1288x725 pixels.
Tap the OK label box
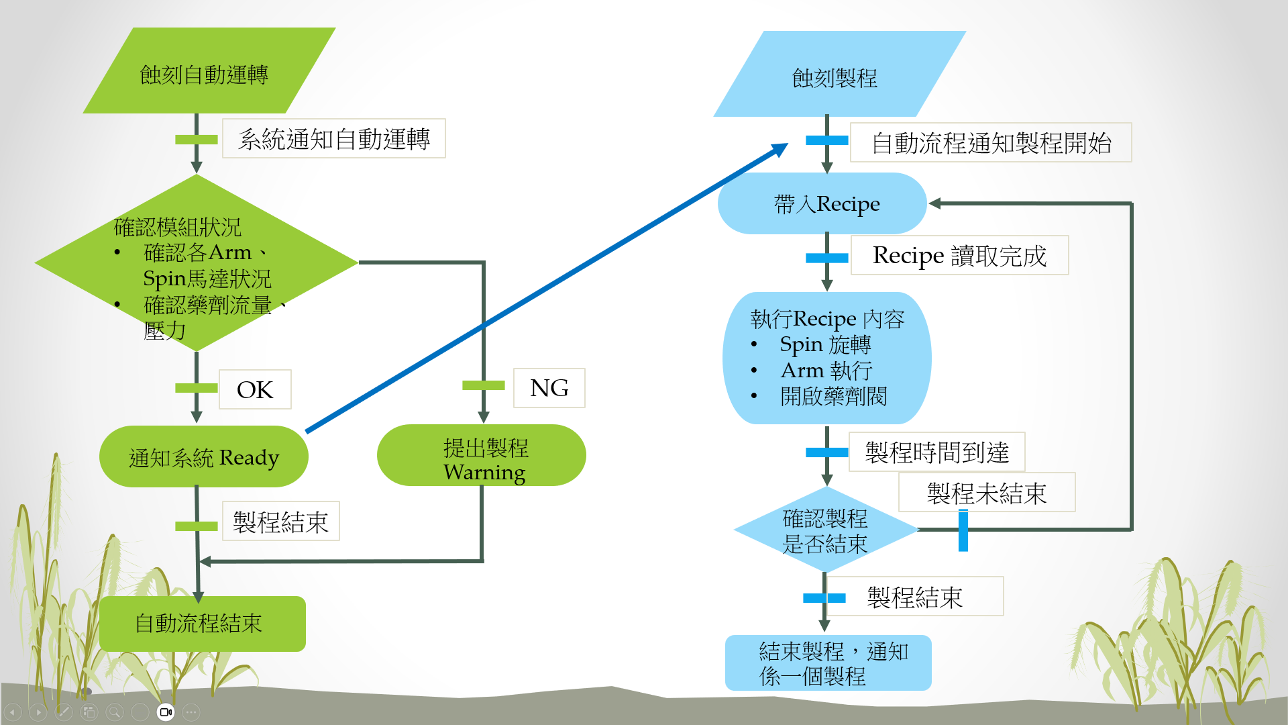coord(255,389)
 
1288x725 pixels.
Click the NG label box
coord(549,388)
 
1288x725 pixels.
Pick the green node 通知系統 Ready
coord(203,456)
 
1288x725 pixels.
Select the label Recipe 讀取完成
coord(959,255)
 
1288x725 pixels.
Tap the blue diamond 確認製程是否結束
coord(825,530)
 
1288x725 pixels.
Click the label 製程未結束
coord(986,493)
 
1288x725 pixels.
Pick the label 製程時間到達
coord(936,452)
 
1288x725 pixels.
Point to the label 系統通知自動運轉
coord(333,139)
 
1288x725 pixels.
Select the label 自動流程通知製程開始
coord(991,142)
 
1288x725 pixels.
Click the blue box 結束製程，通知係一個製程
coord(828,663)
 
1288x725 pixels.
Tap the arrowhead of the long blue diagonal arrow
coord(782,148)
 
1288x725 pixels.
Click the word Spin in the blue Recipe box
coord(801,344)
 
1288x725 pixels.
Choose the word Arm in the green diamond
coord(230,252)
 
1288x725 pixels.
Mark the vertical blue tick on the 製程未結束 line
coord(963,530)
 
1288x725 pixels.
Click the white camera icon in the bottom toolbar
coord(166,712)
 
